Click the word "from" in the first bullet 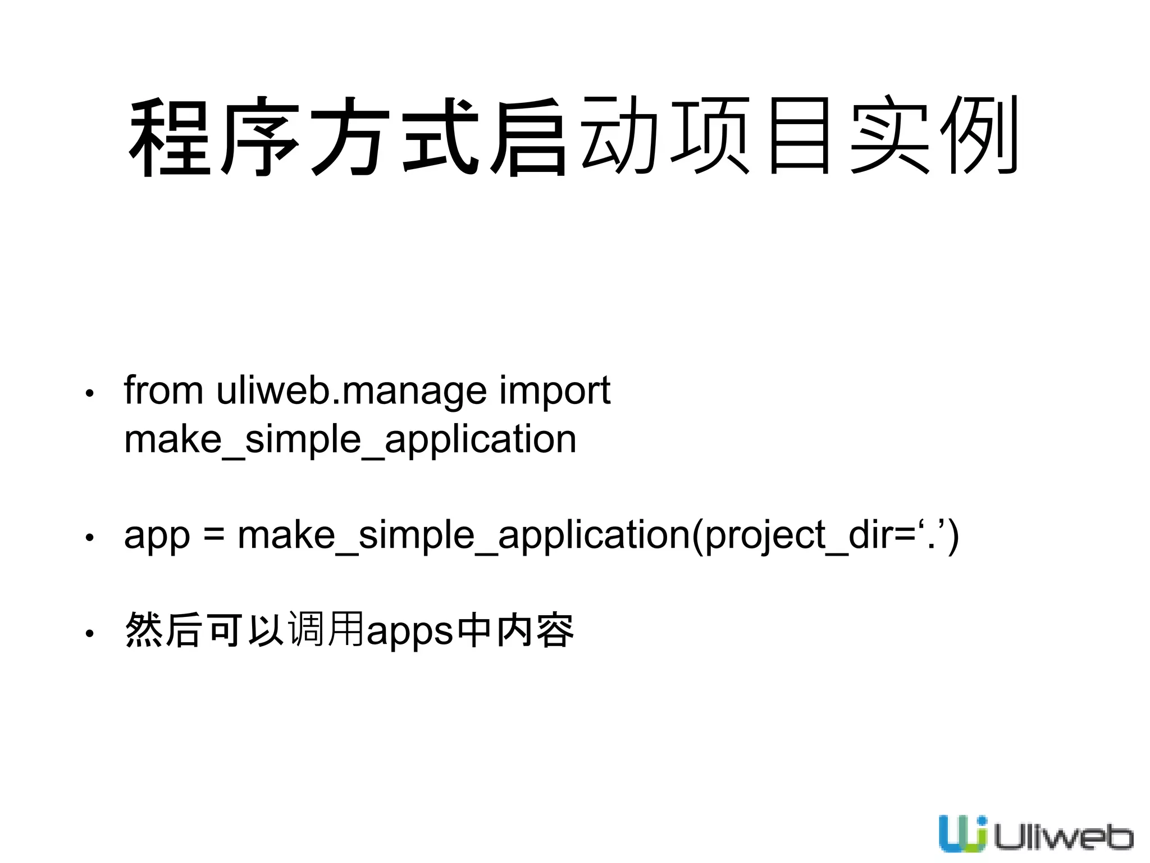point(163,390)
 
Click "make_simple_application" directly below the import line point(350,440)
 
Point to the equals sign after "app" point(214,535)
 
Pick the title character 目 point(800,136)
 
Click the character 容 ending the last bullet point(555,630)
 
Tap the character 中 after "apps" point(474,630)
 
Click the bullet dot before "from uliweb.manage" point(89,393)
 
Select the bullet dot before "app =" point(89,538)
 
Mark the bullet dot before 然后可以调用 point(89,634)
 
